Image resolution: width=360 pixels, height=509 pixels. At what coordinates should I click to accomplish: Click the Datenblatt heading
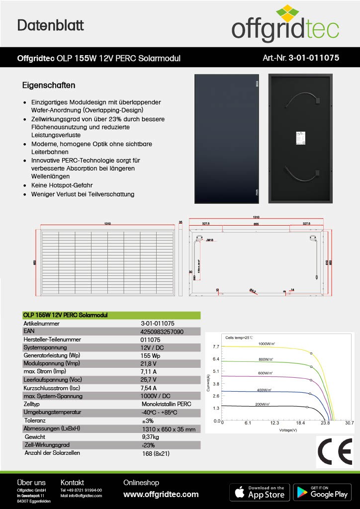pos(51,25)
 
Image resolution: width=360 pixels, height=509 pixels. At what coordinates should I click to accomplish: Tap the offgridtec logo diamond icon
pos(285,15)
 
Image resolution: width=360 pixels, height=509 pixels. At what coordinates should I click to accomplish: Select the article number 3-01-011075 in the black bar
pos(301,58)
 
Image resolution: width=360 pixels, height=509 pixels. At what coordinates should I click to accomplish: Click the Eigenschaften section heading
pos(48,85)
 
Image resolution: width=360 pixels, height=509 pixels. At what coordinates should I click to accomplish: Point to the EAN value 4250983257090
pos(162,332)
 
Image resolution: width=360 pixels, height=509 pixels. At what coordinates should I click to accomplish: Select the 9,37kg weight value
pos(154,437)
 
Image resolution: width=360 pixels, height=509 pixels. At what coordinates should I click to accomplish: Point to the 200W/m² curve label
pos(263,404)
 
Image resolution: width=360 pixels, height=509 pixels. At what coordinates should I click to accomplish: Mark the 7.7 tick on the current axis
pos(216,346)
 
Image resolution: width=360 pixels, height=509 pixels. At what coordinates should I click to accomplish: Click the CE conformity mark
pos(334,453)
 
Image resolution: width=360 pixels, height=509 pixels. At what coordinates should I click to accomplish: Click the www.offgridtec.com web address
pos(161,495)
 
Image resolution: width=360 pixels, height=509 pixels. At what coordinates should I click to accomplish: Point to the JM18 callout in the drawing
pos(210,240)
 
